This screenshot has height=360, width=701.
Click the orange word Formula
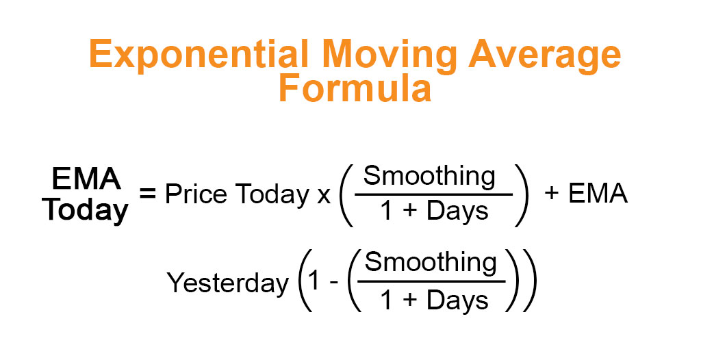355,90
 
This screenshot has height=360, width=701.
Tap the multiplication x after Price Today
324,196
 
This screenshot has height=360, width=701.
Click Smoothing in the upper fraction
429,177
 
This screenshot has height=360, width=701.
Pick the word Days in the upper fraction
457,211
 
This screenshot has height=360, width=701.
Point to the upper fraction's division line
433,194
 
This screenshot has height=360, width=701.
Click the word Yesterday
228,283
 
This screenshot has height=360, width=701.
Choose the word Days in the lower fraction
457,300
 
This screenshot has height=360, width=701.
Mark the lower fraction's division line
431,281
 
